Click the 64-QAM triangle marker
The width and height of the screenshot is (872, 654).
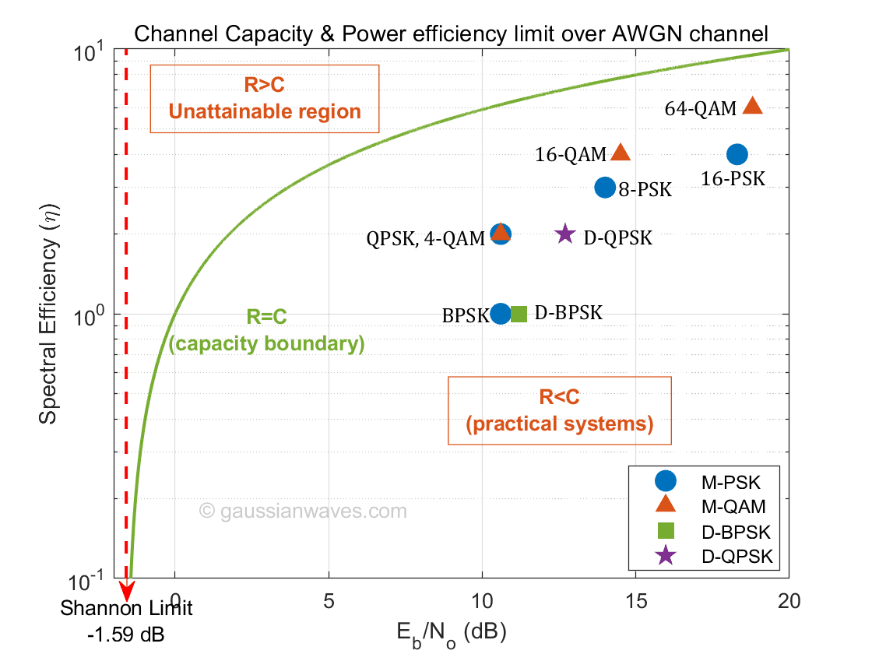[753, 106]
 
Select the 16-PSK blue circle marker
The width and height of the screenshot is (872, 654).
[737, 154]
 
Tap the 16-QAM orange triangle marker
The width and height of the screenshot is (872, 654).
[621, 153]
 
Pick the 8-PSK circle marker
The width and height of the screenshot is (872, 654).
[605, 187]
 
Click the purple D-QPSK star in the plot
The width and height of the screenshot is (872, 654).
[565, 234]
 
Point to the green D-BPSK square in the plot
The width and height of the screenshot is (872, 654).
[519, 314]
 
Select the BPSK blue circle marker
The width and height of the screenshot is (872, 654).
[501, 313]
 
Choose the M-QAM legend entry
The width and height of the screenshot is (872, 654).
[705, 507]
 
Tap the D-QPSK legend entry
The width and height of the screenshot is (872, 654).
[705, 556]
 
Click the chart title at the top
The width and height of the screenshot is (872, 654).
[451, 33]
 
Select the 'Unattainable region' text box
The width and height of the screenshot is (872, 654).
[265, 99]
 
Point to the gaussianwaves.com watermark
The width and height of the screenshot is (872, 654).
[304, 512]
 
